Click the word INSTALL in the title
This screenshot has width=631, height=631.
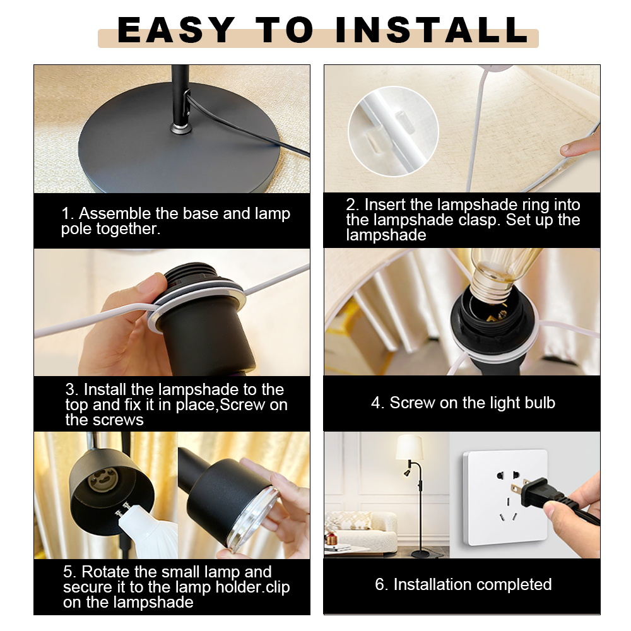click(x=432, y=30)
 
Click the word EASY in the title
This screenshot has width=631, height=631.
click(x=176, y=30)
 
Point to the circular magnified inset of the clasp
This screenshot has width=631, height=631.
click(x=393, y=131)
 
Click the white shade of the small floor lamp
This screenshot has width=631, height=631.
click(x=410, y=447)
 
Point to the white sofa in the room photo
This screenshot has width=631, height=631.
click(x=362, y=531)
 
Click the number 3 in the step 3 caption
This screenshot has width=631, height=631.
click(x=70, y=389)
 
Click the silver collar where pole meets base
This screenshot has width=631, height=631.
click(x=180, y=129)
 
